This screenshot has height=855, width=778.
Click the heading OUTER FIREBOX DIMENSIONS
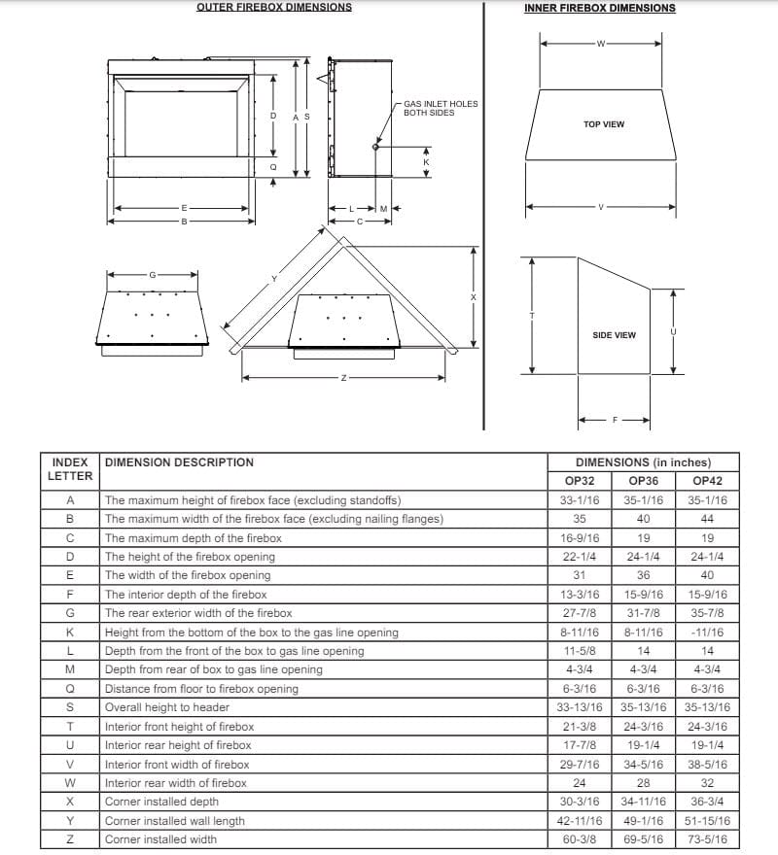pyautogui.click(x=274, y=7)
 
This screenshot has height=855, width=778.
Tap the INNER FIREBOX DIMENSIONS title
pyautogui.click(x=599, y=8)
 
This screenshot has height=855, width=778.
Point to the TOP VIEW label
pyautogui.click(x=604, y=124)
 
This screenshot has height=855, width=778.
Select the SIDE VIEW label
pyautogui.click(x=614, y=335)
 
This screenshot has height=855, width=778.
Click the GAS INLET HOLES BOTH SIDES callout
pyautogui.click(x=441, y=108)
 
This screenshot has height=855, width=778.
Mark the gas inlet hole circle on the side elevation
pyautogui.click(x=375, y=147)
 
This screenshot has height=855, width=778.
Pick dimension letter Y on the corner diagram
pyautogui.click(x=274, y=279)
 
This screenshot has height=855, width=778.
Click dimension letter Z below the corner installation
pyautogui.click(x=343, y=377)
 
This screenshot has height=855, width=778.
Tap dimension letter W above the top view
pyautogui.click(x=600, y=44)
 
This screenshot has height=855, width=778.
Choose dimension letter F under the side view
pyautogui.click(x=615, y=421)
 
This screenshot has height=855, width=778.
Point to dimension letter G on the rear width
pyautogui.click(x=152, y=274)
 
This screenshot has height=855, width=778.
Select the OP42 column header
pyautogui.click(x=707, y=481)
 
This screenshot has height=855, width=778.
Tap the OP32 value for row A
pyautogui.click(x=580, y=500)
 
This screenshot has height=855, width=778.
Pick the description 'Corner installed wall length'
pyautogui.click(x=175, y=821)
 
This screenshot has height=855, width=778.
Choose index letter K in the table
pyautogui.click(x=70, y=633)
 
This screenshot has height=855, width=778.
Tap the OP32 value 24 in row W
pyautogui.click(x=580, y=783)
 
